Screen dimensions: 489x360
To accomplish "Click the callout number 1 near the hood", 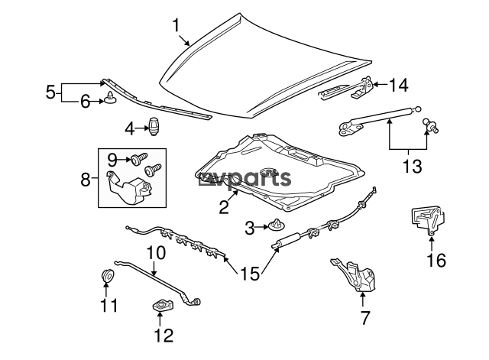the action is pyautogui.click(x=176, y=25).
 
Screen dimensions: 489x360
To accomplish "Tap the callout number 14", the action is pyautogui.click(x=398, y=85).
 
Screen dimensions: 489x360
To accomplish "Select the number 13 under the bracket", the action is pyautogui.click(x=413, y=166).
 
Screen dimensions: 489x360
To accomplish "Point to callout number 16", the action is pyautogui.click(x=436, y=260).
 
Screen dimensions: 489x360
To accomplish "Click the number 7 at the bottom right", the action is pyautogui.click(x=365, y=317).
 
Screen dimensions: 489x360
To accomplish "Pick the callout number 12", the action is pyautogui.click(x=163, y=336).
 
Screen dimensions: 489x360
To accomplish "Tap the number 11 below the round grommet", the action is pyautogui.click(x=108, y=305).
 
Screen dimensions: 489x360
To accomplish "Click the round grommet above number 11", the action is pyautogui.click(x=108, y=274).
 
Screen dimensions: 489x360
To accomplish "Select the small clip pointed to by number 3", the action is pyautogui.click(x=276, y=225).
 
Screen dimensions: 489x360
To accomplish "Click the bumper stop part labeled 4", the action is pyautogui.click(x=154, y=126).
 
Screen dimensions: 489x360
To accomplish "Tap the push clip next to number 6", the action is pyautogui.click(x=111, y=97).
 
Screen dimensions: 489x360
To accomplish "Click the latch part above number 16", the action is pyautogui.click(x=427, y=220).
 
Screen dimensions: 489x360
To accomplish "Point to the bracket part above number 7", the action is pyautogui.click(x=354, y=274).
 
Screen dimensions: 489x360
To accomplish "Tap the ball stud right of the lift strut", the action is pyautogui.click(x=430, y=125).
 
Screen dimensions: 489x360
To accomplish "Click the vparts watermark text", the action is pyautogui.click(x=244, y=179).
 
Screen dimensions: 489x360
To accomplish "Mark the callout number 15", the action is pyautogui.click(x=250, y=274).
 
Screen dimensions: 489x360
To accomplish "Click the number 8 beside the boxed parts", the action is pyautogui.click(x=86, y=180).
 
